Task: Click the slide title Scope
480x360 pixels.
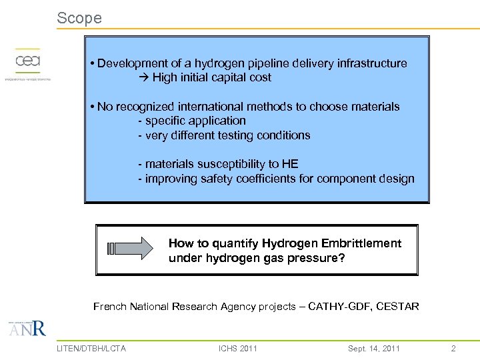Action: pyautogui.click(x=79, y=18)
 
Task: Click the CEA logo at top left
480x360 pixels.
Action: pyautogui.click(x=28, y=63)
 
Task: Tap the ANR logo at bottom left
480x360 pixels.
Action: pyautogui.click(x=28, y=329)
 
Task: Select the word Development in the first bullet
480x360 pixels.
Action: pyautogui.click(x=133, y=63)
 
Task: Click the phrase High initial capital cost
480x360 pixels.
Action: pyautogui.click(x=211, y=77)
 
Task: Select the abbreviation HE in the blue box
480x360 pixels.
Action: pyautogui.click(x=290, y=164)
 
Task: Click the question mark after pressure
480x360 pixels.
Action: pyautogui.click(x=342, y=257)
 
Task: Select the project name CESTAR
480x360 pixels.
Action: pyautogui.click(x=397, y=307)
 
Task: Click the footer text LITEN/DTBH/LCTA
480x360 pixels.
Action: pyautogui.click(x=91, y=348)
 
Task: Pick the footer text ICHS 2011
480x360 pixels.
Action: pyautogui.click(x=238, y=348)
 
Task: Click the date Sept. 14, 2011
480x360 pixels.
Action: pyautogui.click(x=373, y=348)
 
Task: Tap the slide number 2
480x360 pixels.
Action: pyautogui.click(x=453, y=348)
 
